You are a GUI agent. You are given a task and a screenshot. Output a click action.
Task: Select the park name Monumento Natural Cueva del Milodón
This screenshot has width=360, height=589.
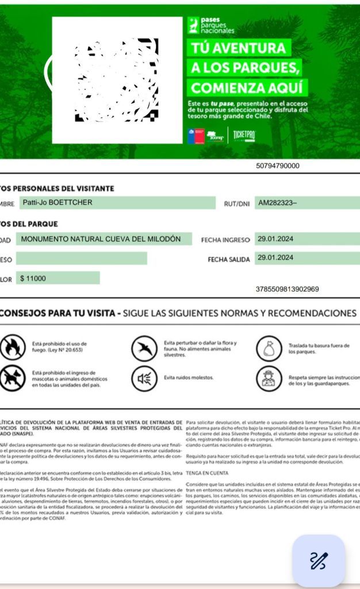coord(101,239)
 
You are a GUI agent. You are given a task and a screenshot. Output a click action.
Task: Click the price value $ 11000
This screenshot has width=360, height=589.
coord(33,278)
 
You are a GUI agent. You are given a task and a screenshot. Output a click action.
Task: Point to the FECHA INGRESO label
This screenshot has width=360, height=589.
coord(225,240)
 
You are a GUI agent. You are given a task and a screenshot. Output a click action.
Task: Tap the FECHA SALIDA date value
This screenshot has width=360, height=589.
coord(276,258)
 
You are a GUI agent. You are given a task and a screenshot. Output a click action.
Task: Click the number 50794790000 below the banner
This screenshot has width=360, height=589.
coord(278,166)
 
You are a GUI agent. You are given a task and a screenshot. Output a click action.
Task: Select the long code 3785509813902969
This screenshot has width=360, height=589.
coord(290,289)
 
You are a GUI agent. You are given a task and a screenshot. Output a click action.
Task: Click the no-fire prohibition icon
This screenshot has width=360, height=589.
coord(13,347)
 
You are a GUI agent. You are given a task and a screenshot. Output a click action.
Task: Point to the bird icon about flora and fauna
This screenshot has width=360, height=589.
coord(144,347)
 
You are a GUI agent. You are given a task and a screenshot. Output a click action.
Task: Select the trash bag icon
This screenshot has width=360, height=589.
coord(268,347)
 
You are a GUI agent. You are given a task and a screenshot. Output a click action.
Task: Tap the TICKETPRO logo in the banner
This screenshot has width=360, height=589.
coord(244,136)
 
